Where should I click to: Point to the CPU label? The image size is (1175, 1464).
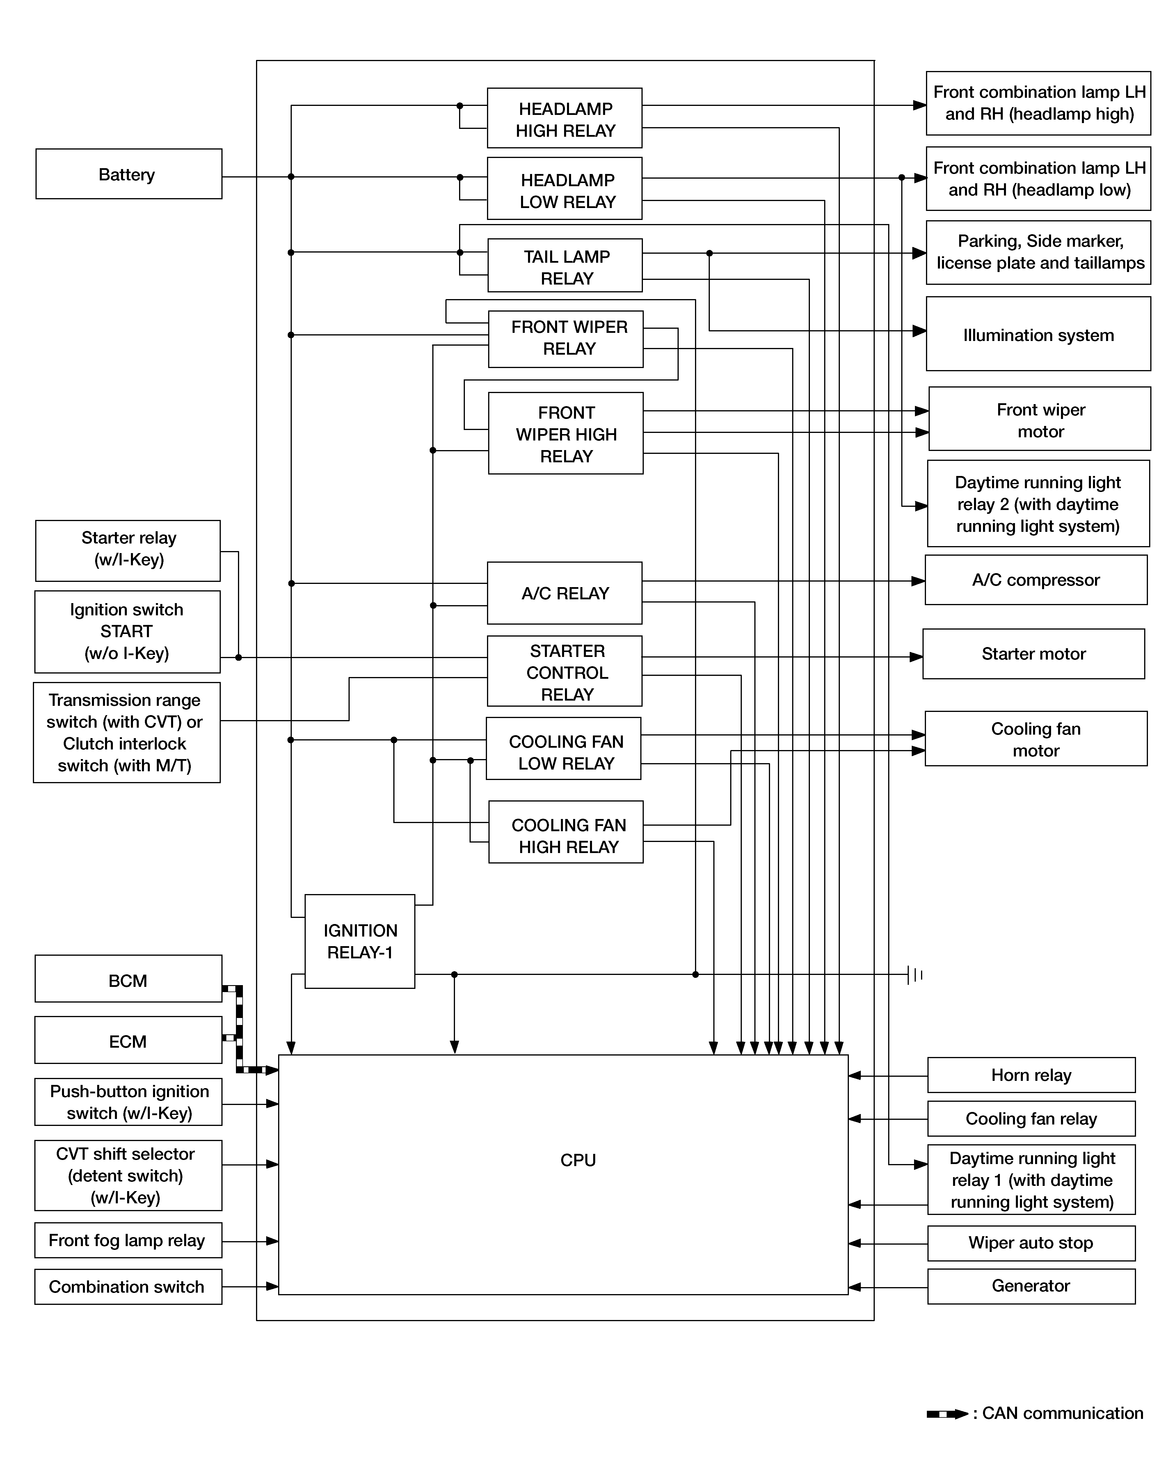(x=578, y=1160)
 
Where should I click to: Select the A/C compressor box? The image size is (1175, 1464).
(x=1036, y=580)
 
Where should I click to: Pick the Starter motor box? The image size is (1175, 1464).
(x=1033, y=654)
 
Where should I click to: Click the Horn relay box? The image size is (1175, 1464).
(x=1030, y=1075)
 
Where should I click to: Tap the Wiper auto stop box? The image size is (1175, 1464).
(x=1030, y=1243)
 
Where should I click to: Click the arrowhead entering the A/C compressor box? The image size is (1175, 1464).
(x=918, y=581)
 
